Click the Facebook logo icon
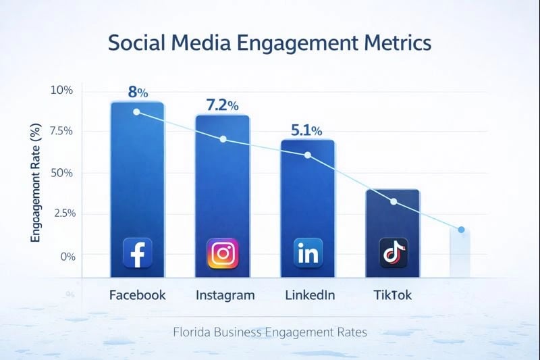pos(137,254)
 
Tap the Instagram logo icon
pos(222,254)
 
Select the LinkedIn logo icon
pos(308,254)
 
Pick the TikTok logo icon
pos(393,254)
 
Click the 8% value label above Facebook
pos(138,92)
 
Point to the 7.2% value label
pos(222,105)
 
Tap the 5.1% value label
pos(306,130)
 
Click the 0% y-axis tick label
pos(68,256)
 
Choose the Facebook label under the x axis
pos(137,295)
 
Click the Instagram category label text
pos(225,295)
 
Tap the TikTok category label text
pos(392,295)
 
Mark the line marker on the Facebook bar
pos(137,111)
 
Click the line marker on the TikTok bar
pos(394,202)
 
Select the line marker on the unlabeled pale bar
pos(461,230)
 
